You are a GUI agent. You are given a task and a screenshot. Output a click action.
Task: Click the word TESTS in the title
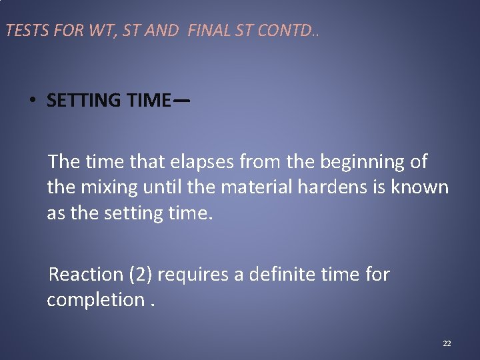point(23,31)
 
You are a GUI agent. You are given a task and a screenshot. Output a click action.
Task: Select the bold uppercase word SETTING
point(84,101)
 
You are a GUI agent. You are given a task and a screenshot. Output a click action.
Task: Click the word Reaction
point(87,274)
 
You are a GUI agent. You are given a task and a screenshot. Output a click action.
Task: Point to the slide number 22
point(447,343)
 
